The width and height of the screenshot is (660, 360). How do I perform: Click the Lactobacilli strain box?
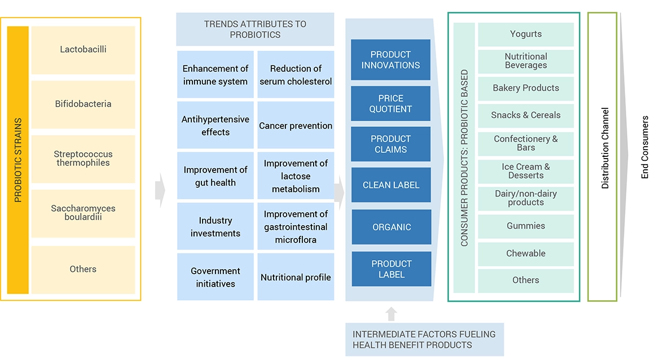[83, 50]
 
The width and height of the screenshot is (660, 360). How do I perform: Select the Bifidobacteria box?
[83, 104]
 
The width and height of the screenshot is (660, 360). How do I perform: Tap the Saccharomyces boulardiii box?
[83, 213]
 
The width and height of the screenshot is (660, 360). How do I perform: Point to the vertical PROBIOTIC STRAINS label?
[18, 160]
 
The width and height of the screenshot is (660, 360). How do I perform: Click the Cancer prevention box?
[296, 126]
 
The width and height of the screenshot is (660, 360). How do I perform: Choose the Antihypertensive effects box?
[215, 126]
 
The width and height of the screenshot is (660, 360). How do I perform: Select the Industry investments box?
[215, 227]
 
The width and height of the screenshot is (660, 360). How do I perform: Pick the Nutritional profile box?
[296, 277]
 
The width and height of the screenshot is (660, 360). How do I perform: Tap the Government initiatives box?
[215, 277]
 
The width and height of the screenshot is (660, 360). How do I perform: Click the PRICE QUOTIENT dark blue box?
[391, 104]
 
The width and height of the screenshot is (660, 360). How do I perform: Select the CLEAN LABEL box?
[391, 185]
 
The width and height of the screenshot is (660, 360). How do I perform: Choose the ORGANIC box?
[391, 227]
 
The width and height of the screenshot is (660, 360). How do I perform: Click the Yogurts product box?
[526, 34]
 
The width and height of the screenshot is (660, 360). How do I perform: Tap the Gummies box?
[526, 226]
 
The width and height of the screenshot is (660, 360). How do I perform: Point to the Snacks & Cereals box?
[526, 115]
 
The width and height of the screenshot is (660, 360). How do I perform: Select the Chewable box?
[526, 254]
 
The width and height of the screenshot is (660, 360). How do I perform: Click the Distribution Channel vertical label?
[605, 148]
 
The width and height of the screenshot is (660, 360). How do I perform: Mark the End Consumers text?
[645, 147]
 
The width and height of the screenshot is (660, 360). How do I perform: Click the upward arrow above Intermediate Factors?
[391, 314]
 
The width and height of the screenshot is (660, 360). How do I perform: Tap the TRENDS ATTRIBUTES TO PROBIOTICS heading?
[255, 29]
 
